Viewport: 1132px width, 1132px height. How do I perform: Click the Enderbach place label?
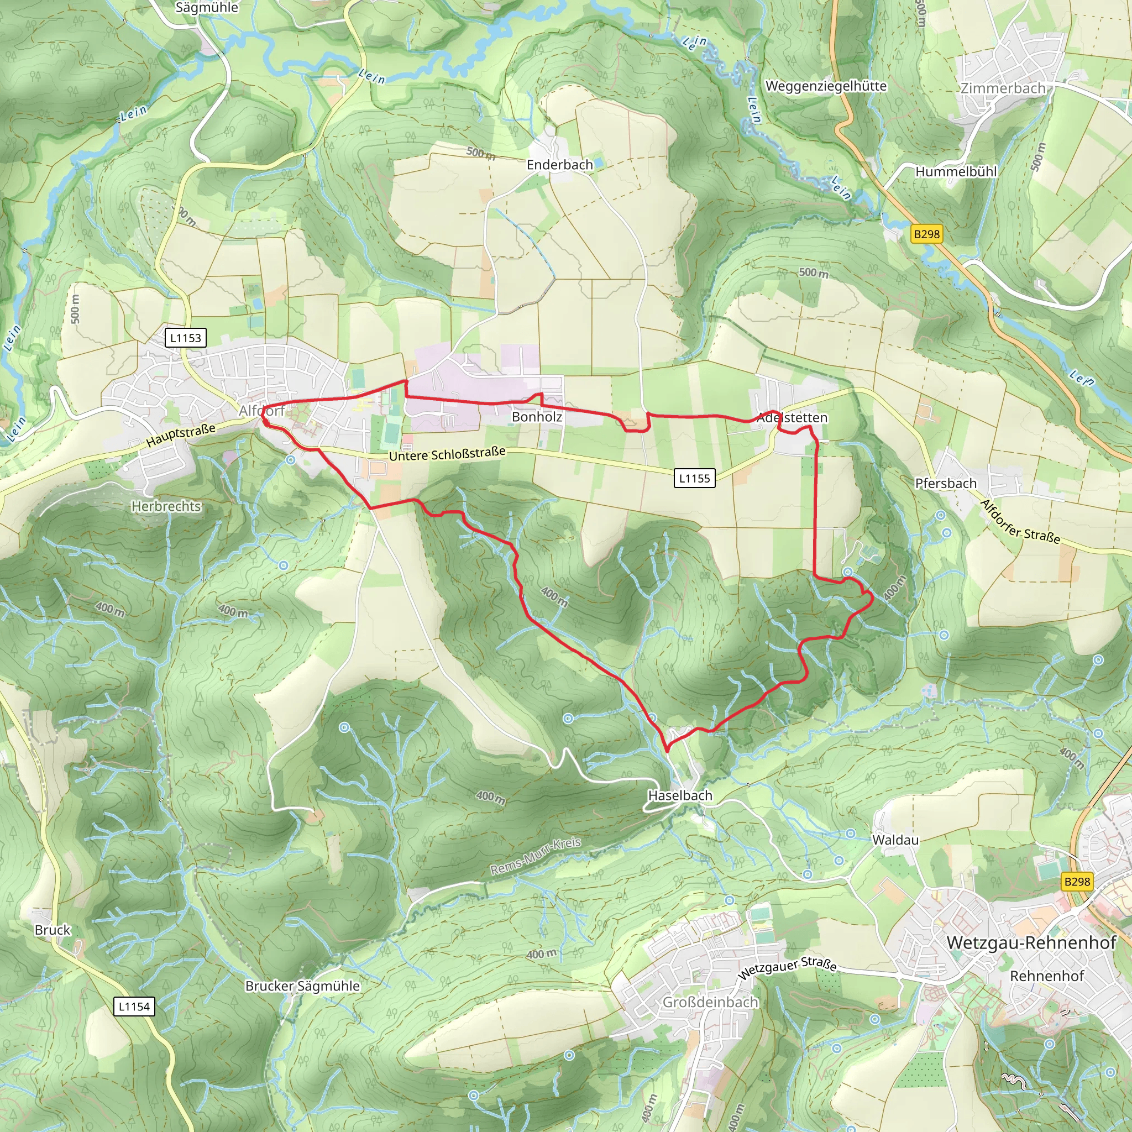pyautogui.click(x=559, y=165)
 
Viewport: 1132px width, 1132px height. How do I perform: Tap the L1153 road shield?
pyautogui.click(x=185, y=338)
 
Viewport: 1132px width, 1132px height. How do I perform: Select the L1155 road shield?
pyautogui.click(x=694, y=478)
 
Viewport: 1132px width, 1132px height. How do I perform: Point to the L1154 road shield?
pyautogui.click(x=134, y=1007)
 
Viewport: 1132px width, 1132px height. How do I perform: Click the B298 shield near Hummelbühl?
pyautogui.click(x=926, y=234)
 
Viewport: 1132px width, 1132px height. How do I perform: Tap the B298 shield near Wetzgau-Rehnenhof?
pyautogui.click(x=1077, y=881)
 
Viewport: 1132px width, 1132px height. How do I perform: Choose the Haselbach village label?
pyautogui.click(x=680, y=796)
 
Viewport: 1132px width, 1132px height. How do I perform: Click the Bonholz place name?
pyautogui.click(x=537, y=417)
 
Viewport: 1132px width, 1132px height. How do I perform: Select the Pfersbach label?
pyautogui.click(x=946, y=484)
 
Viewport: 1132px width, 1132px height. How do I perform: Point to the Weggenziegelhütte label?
pyautogui.click(x=826, y=86)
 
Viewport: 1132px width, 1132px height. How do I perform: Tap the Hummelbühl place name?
pyautogui.click(x=956, y=172)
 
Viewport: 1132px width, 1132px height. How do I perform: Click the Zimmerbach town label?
pyautogui.click(x=1003, y=88)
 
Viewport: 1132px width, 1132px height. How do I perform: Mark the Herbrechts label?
pyautogui.click(x=166, y=506)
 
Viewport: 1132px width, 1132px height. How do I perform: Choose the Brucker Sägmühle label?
pyautogui.click(x=302, y=986)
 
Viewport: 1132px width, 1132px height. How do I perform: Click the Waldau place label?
pyautogui.click(x=895, y=840)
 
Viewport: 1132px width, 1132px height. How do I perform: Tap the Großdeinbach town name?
pyautogui.click(x=710, y=1002)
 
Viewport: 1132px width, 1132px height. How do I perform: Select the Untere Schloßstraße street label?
pyautogui.click(x=447, y=454)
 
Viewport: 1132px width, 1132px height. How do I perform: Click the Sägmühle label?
pyautogui.click(x=207, y=8)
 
